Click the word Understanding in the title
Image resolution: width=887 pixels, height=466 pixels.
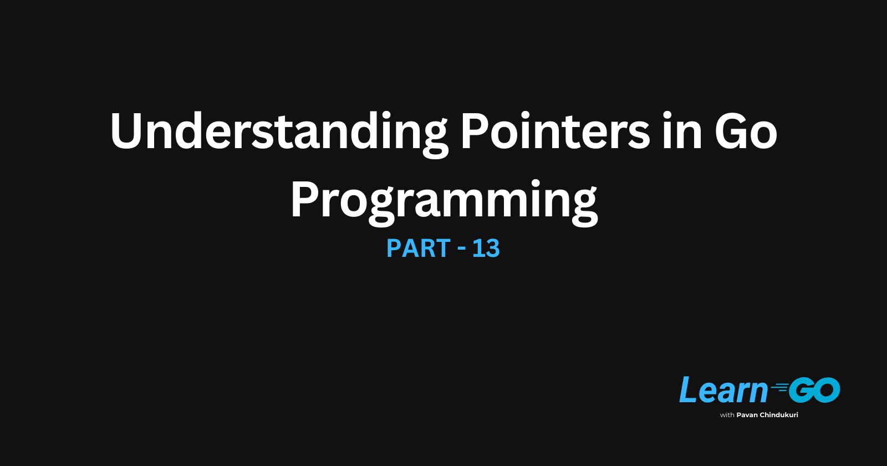(278, 132)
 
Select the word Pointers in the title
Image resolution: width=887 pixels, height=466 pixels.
(554, 132)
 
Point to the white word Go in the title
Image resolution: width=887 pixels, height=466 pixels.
(746, 132)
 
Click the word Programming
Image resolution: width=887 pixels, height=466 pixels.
(443, 201)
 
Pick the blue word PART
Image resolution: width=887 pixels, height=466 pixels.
(418, 249)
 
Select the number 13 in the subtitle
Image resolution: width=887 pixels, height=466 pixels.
(486, 249)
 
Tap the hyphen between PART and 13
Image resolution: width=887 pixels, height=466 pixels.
(461, 250)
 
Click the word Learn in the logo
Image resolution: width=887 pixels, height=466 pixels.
(723, 390)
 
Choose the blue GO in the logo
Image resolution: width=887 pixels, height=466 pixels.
(814, 390)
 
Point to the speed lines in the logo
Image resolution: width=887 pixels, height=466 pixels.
(779, 388)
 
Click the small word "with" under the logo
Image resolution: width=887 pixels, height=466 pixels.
(727, 415)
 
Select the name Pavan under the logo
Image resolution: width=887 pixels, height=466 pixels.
(747, 415)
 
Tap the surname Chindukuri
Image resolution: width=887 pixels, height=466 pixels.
(779, 415)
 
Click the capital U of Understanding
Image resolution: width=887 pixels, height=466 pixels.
(127, 132)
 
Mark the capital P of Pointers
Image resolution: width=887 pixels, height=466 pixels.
(475, 132)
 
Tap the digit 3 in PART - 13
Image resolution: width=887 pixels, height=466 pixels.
(493, 249)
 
